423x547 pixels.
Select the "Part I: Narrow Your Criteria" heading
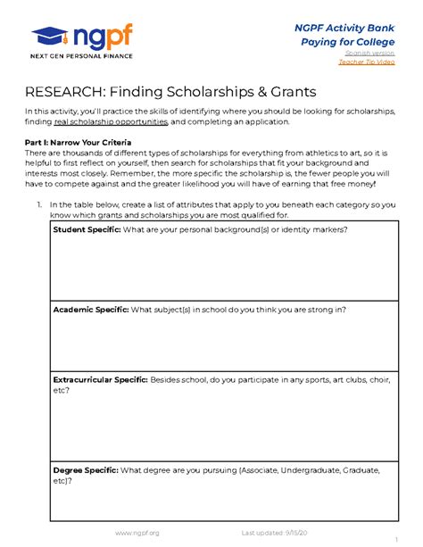click(x=81, y=144)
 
